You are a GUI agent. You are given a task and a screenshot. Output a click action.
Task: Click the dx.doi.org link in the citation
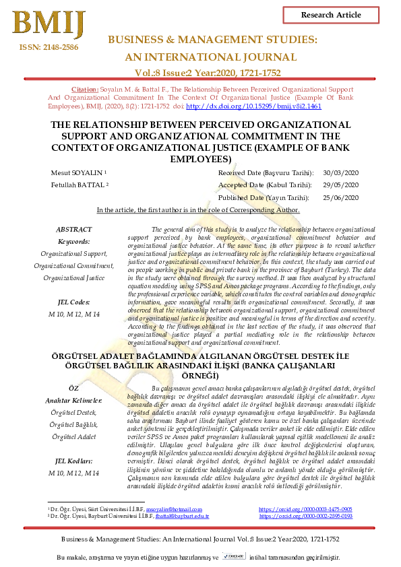click(253, 106)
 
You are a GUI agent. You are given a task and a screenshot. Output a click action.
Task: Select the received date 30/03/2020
click(342, 173)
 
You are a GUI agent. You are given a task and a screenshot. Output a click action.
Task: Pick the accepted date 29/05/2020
click(342, 185)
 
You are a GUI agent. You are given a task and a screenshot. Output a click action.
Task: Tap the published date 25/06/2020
click(342, 197)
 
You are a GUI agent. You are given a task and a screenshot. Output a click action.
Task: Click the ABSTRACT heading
click(73, 230)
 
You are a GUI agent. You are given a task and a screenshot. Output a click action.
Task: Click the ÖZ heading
click(73, 389)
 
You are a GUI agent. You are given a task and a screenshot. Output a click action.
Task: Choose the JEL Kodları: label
click(73, 461)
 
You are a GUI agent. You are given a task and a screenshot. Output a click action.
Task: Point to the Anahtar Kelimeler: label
click(73, 401)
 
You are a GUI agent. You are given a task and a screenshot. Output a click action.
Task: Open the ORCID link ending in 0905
click(305, 529)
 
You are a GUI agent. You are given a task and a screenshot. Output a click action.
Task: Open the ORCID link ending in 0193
click(305, 535)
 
